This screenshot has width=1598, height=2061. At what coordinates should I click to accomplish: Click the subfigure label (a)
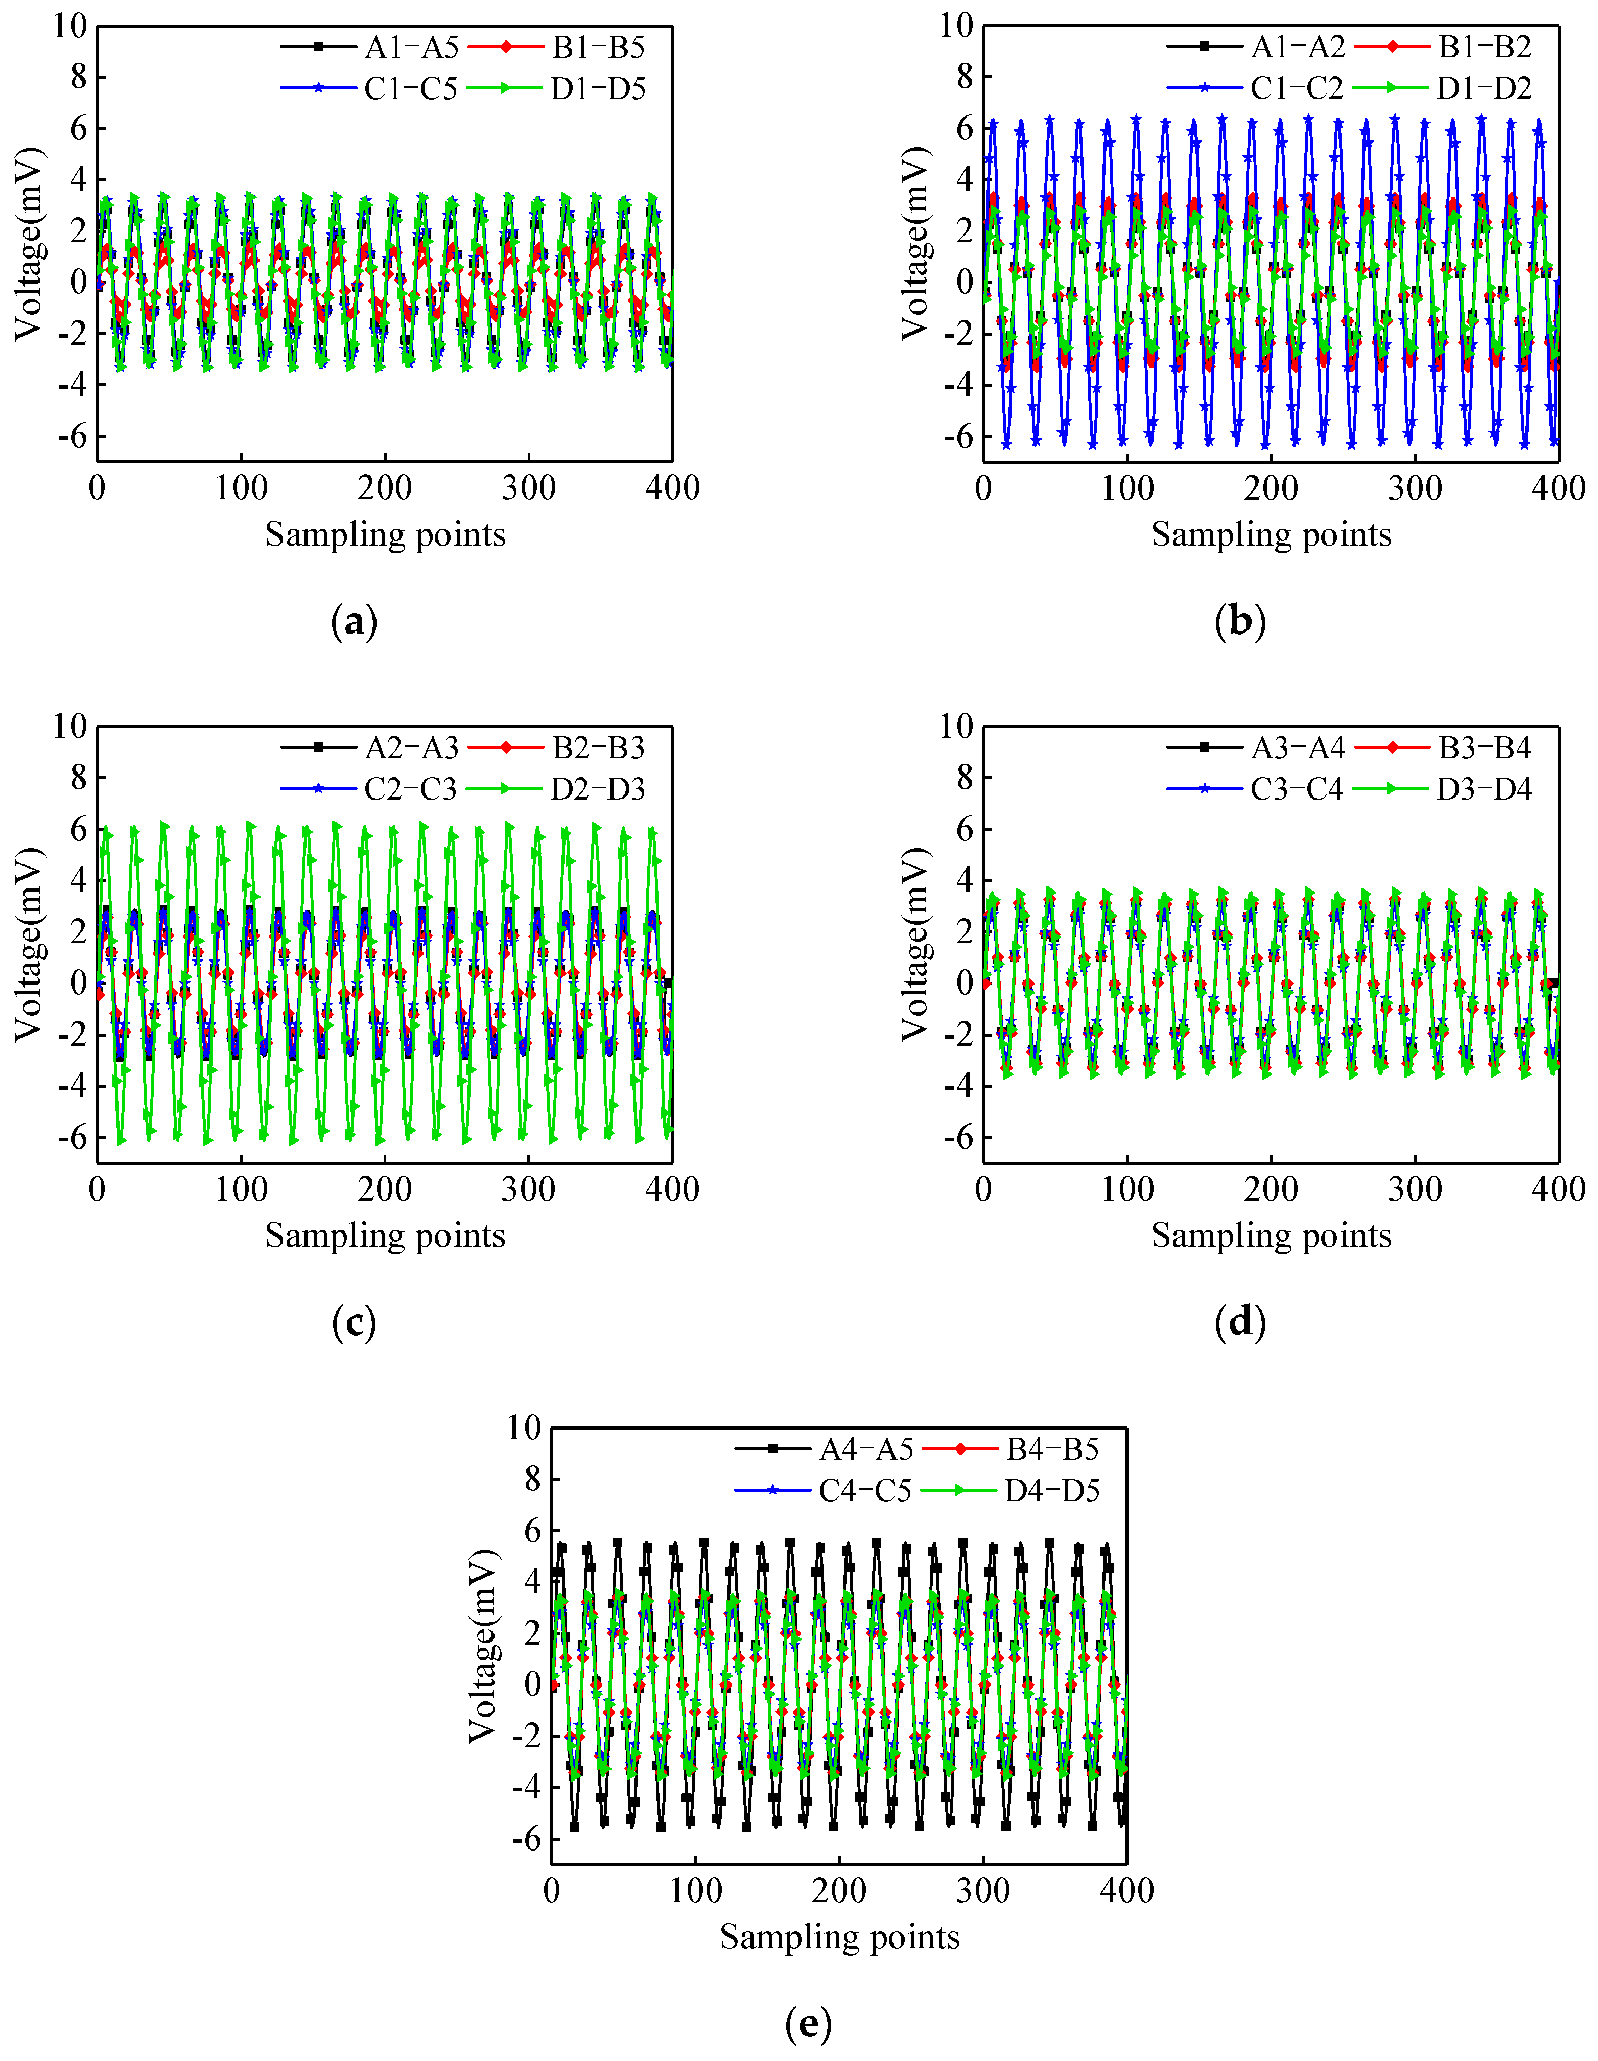(355, 622)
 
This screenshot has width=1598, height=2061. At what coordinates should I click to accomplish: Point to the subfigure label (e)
(809, 2023)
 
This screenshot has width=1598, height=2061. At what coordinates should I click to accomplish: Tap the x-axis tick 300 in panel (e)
(982, 1890)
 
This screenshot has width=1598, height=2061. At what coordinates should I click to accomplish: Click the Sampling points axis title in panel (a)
(385, 534)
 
